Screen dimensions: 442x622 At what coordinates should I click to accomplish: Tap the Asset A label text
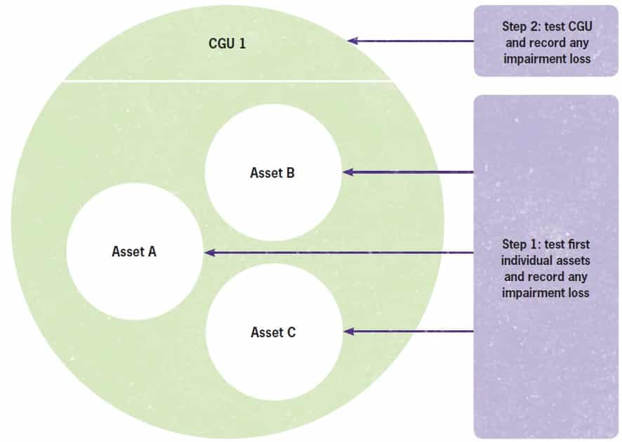tap(133, 251)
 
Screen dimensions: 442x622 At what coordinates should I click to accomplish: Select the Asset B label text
tap(272, 172)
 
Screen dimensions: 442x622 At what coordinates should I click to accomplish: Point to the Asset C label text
tap(273, 332)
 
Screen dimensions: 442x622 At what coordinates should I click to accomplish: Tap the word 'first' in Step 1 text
tap(574, 244)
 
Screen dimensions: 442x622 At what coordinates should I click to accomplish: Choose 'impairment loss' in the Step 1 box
tap(545, 292)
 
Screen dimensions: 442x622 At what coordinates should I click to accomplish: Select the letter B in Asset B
tap(290, 172)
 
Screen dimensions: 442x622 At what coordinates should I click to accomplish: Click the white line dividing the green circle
tap(225, 81)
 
